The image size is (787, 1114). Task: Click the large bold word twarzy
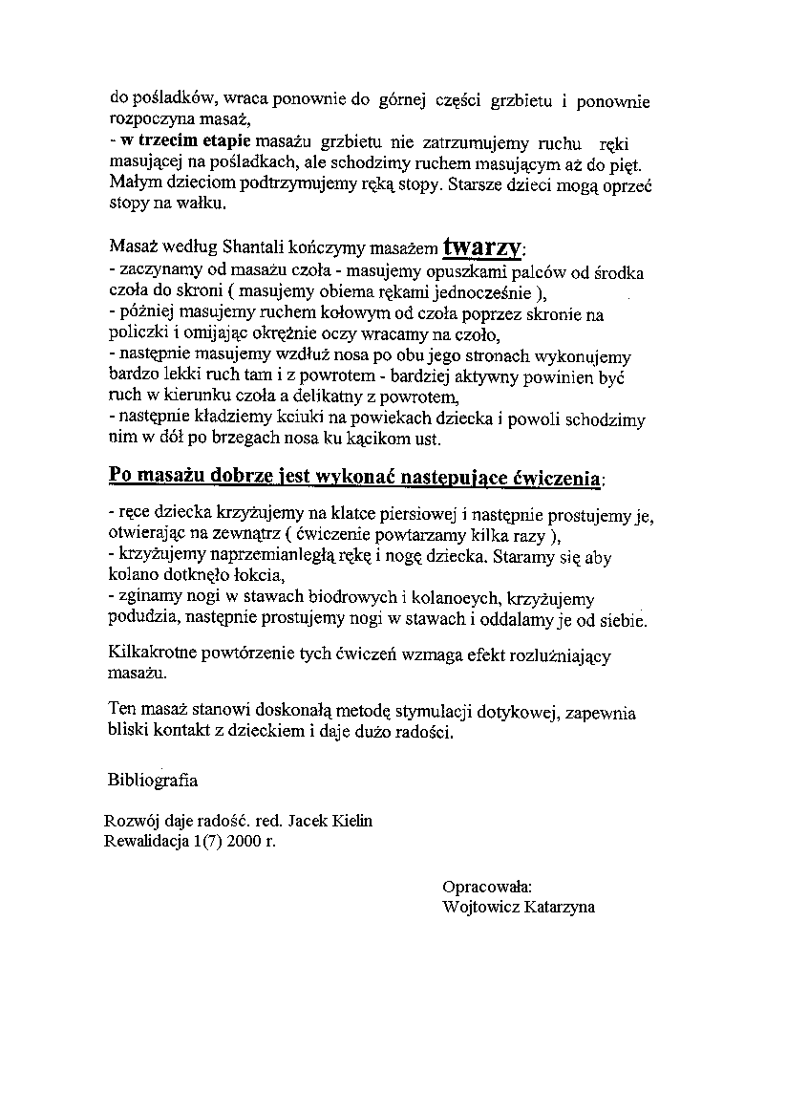coord(481,247)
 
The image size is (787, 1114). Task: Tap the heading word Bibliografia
coord(153,780)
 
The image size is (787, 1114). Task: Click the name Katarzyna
coord(560,907)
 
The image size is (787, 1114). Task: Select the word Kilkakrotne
coord(148,655)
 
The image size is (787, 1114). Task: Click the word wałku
coord(207,204)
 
